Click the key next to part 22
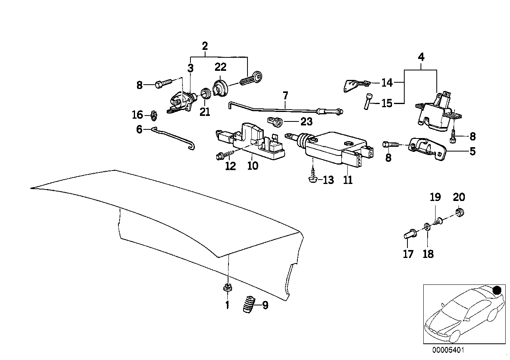pos(251,79)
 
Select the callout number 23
pos(306,121)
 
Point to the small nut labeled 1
pos(227,288)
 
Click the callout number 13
pos(328,180)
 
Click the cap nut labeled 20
pos(460,212)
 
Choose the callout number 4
pos(421,57)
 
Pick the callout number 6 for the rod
pos(139,129)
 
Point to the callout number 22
pos(220,67)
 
